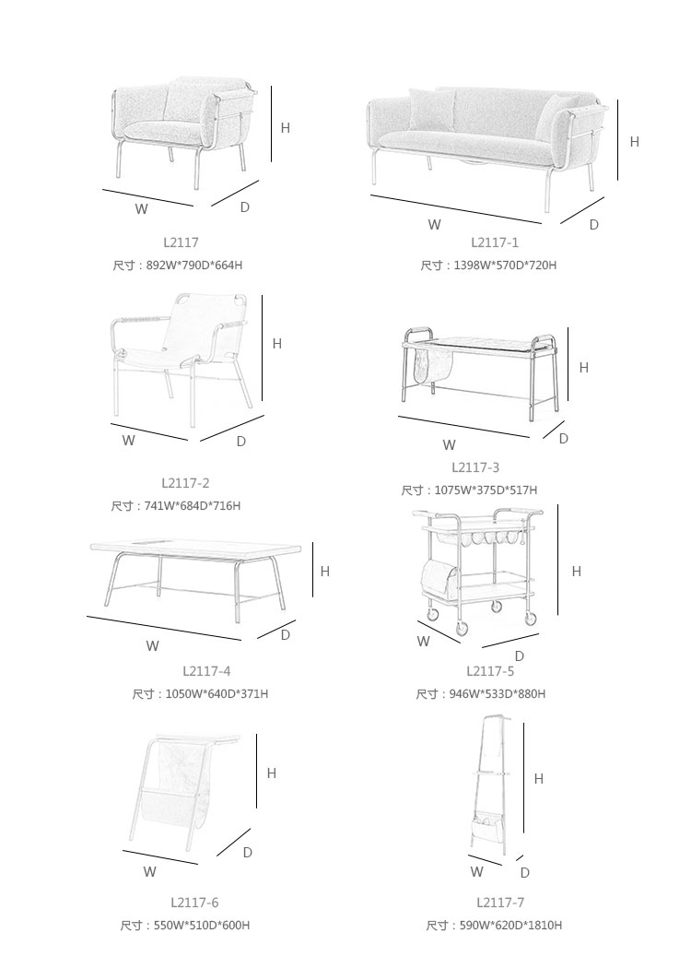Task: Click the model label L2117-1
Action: pos(494,242)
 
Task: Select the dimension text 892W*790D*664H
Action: pos(194,266)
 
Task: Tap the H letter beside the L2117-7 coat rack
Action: pos(539,779)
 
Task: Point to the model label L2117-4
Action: pos(206,671)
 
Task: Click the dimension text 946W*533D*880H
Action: pos(498,694)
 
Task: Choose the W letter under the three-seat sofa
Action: pos(434,225)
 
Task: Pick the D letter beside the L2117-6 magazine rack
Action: pos(248,853)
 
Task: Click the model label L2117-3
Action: pos(475,467)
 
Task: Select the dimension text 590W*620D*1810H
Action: pos(510,926)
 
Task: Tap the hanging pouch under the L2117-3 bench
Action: pos(434,364)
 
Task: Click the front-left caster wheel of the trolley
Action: pos(462,629)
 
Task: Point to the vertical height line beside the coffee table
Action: pos(313,570)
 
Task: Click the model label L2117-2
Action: pos(185,483)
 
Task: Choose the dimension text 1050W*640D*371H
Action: pos(217,694)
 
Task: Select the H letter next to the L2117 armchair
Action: pos(286,128)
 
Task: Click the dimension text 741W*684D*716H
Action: pos(193,506)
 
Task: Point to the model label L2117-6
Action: pos(194,903)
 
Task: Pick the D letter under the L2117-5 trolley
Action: pos(519,656)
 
